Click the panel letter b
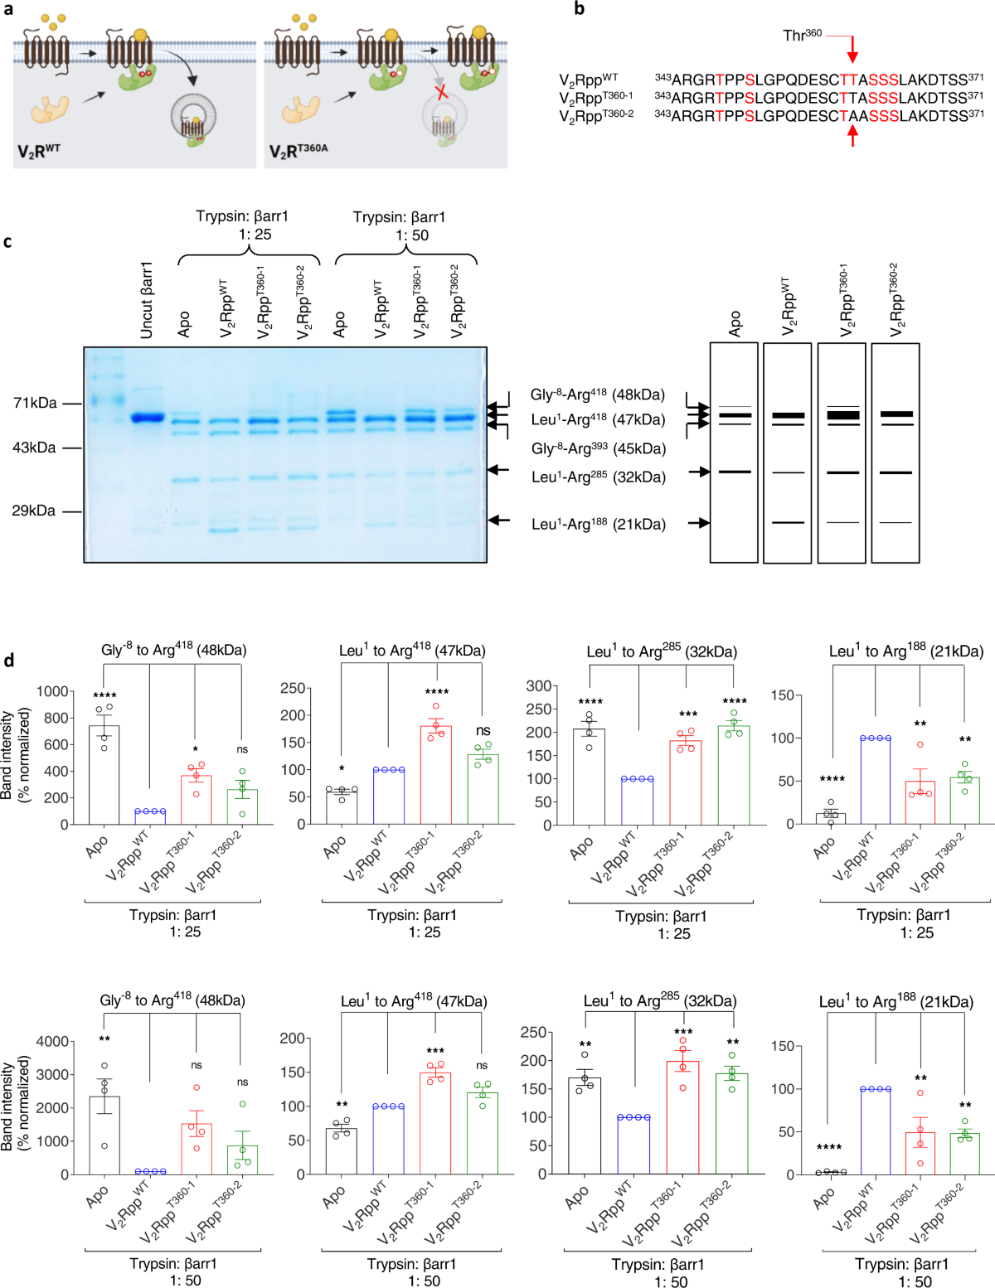point(580,9)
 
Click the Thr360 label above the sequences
point(802,35)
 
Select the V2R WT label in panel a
point(39,152)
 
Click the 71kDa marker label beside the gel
point(35,403)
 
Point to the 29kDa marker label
point(34,511)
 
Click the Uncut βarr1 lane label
point(147,300)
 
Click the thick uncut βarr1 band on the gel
point(148,418)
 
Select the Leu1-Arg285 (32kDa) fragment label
point(598,477)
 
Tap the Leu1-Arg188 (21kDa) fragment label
point(598,524)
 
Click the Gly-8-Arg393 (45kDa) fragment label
point(598,448)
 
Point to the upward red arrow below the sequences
point(852,135)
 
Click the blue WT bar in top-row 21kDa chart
point(875,781)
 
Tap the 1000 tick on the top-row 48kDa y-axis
point(52,691)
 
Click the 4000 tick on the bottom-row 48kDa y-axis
point(52,1041)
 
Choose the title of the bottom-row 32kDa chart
point(659,1001)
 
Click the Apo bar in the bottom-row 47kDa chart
point(341,1151)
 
